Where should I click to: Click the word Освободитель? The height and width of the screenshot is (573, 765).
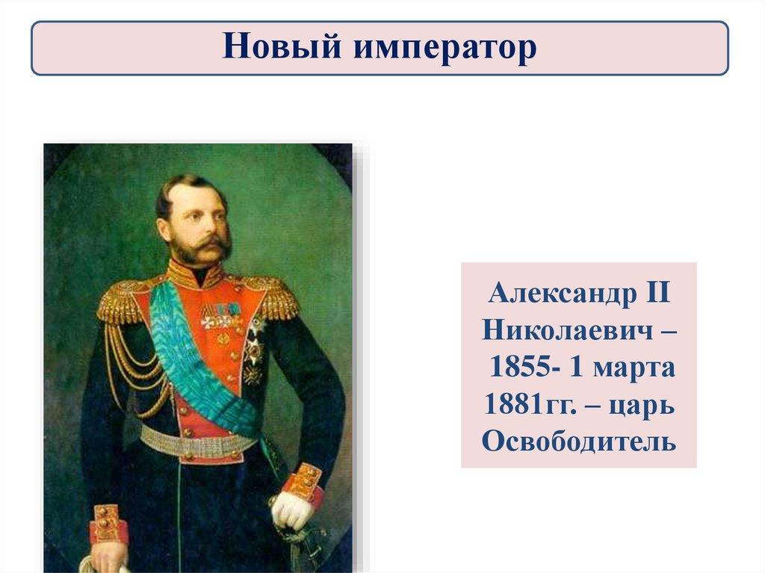pyautogui.click(x=579, y=442)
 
